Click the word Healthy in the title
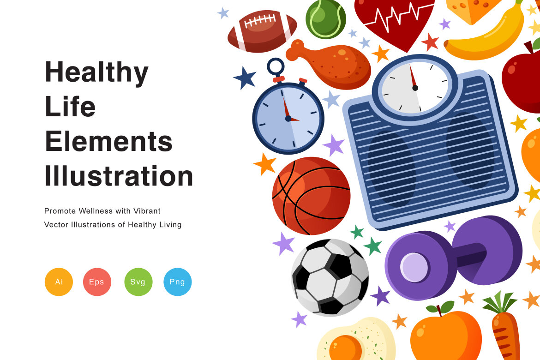click(x=96, y=72)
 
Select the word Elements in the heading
click(x=108, y=141)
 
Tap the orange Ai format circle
click(x=59, y=282)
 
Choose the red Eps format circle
click(x=97, y=282)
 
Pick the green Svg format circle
click(x=138, y=282)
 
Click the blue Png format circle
click(x=177, y=282)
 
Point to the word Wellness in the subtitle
click(x=95, y=211)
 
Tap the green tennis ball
click(x=325, y=18)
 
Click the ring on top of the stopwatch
click(x=276, y=66)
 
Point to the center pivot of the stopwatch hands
click(x=288, y=119)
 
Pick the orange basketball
click(x=311, y=196)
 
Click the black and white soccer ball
click(x=330, y=277)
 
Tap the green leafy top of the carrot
click(x=499, y=302)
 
